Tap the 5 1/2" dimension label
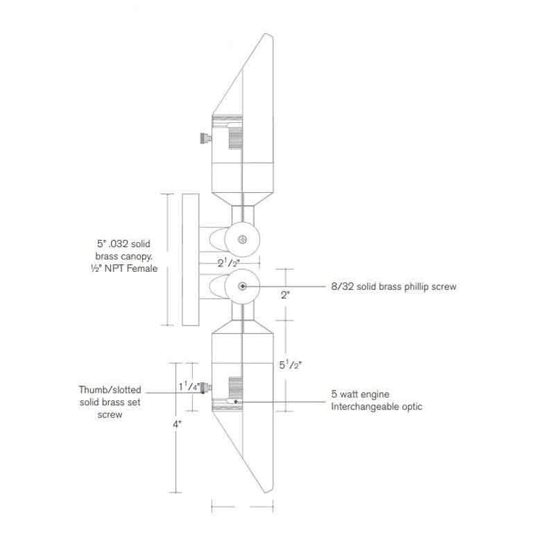coord(291,363)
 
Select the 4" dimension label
coord(178,422)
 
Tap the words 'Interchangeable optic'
coord(377,407)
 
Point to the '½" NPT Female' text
coord(126,269)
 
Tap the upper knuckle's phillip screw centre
coord(241,240)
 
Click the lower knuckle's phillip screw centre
coord(241,287)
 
